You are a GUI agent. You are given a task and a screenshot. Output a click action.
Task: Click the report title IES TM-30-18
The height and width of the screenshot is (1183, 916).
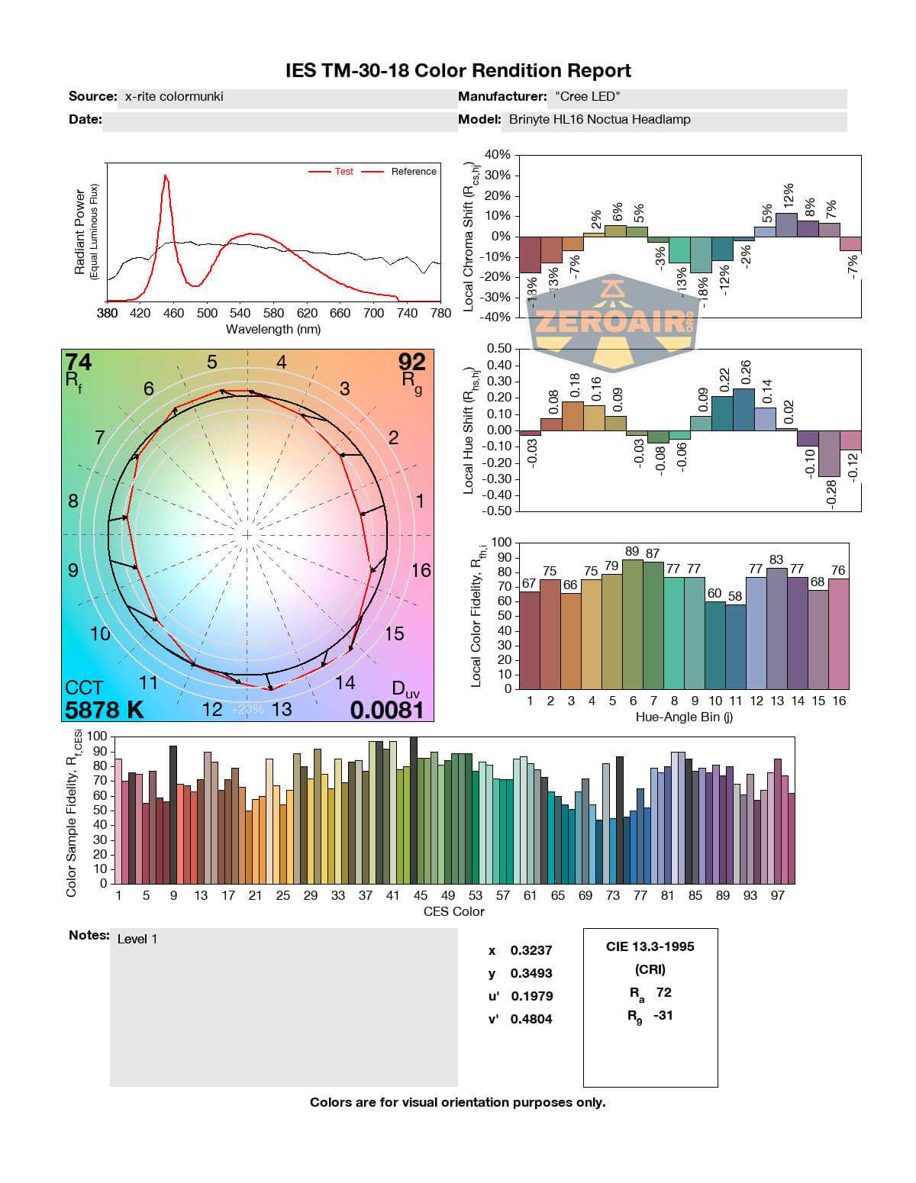(458, 71)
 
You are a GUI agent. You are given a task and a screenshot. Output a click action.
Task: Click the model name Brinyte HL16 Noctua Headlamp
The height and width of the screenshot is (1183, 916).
(599, 120)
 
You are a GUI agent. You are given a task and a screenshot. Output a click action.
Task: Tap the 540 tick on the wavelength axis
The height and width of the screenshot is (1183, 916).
(240, 313)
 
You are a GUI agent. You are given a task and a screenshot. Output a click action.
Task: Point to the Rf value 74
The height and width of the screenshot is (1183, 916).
(78, 362)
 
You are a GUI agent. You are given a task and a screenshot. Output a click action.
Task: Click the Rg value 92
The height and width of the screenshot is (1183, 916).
(411, 362)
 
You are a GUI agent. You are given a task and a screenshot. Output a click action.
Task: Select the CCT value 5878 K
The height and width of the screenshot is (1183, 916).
(104, 710)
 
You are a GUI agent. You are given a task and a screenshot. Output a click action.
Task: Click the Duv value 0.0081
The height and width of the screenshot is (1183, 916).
(387, 710)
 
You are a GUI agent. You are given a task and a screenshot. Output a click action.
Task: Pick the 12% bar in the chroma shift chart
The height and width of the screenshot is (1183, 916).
(786, 224)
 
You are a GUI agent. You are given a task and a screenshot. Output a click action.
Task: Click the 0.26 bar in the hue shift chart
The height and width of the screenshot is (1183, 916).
(743, 410)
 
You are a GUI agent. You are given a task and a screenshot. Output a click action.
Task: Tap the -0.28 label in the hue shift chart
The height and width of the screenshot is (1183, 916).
(831, 492)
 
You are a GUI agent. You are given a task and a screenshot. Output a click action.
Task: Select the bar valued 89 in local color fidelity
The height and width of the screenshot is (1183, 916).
(632, 624)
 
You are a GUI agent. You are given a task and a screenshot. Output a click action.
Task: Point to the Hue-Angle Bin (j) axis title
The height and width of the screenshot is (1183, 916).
(684, 717)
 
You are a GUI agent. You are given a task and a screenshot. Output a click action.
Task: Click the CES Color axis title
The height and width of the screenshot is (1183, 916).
(453, 911)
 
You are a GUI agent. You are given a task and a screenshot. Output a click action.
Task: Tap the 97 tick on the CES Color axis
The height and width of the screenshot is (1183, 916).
(777, 895)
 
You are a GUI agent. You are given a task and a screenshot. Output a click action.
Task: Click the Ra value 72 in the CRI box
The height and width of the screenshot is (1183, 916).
(663, 992)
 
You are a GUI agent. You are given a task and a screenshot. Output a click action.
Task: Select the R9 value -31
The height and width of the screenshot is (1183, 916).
(663, 1015)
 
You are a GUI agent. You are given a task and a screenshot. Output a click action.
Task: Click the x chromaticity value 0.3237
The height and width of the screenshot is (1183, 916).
(531, 950)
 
